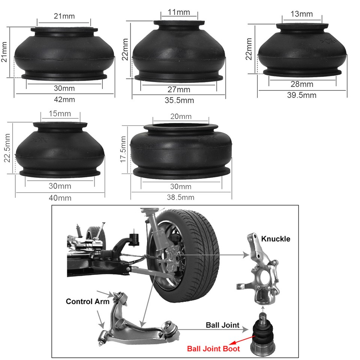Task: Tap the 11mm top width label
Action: tap(179, 12)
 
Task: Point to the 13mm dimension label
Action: tap(302, 14)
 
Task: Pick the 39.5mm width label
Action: tap(302, 95)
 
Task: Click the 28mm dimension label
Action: tap(302, 85)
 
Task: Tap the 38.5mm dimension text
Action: tap(181, 197)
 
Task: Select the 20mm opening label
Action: tap(181, 116)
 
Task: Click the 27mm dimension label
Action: tap(178, 90)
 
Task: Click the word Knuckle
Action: tap(276, 239)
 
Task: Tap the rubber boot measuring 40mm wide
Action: tap(60, 150)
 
